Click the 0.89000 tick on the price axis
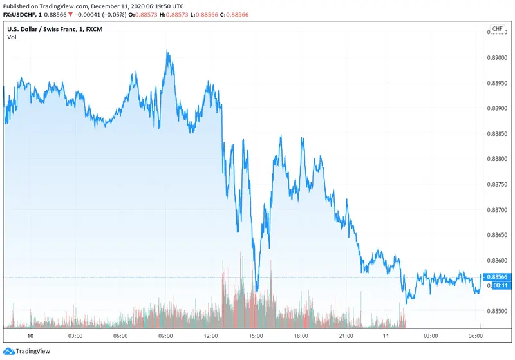click(499, 57)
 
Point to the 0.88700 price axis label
click(499, 209)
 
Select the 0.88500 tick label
click(499, 311)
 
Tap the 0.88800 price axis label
click(499, 158)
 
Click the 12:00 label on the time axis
click(211, 336)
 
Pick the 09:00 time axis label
click(165, 336)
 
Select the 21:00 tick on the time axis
click(346, 336)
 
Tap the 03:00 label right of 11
click(430, 336)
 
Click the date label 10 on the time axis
click(30, 336)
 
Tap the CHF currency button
click(498, 30)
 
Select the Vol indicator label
click(12, 37)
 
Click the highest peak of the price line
click(167, 53)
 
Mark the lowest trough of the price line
click(256, 292)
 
